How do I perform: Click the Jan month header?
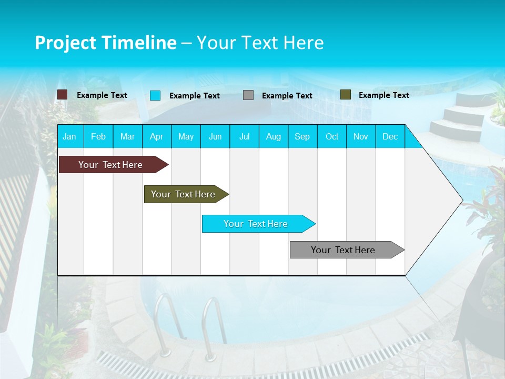tap(69, 136)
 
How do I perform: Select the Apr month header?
tap(156, 136)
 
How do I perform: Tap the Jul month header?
tap(244, 136)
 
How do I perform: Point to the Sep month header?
tap(302, 136)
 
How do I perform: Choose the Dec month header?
tap(390, 136)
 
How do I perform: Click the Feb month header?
tap(98, 136)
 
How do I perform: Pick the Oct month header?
tap(332, 136)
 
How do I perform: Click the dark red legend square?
tap(62, 95)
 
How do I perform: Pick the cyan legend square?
tap(155, 95)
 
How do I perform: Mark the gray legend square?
tap(248, 95)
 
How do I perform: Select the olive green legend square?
tap(346, 95)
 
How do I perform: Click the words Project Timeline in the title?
tap(105, 43)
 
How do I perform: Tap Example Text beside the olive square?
tap(383, 95)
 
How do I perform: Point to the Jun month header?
tap(215, 136)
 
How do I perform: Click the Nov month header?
tap(361, 136)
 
